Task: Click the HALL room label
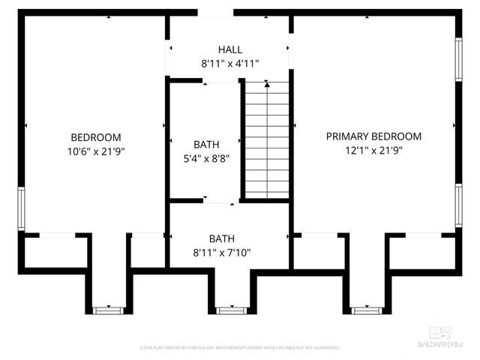click(x=230, y=49)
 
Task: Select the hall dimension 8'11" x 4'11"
click(x=230, y=64)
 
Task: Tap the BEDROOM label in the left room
click(x=95, y=137)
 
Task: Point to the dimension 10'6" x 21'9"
click(x=95, y=151)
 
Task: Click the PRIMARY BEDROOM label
click(x=373, y=136)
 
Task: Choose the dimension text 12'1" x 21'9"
click(x=373, y=150)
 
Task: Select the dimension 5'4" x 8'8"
click(x=205, y=158)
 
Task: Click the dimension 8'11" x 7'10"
click(x=229, y=253)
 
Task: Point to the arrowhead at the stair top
click(x=266, y=84)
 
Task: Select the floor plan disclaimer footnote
click(x=240, y=348)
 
